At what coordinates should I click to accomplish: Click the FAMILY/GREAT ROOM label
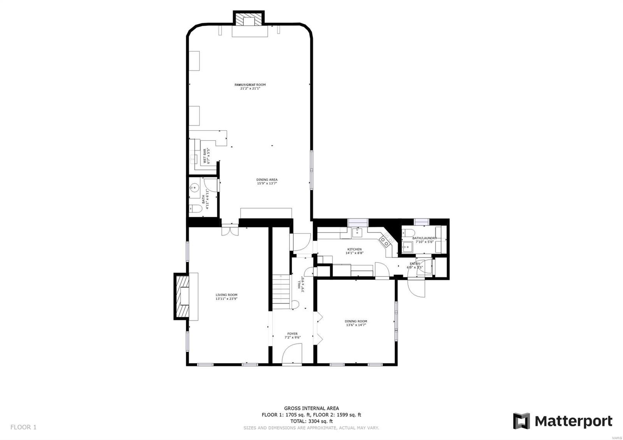(x=250, y=84)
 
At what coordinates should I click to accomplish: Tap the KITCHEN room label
(x=354, y=249)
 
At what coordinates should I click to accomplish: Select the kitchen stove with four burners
(x=385, y=241)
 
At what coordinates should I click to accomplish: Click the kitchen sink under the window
(x=357, y=232)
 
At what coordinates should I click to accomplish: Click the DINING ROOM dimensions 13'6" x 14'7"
(x=356, y=325)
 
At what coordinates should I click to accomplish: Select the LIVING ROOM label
(x=226, y=295)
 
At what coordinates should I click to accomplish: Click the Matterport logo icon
(x=521, y=421)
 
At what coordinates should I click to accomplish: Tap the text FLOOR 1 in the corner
(x=23, y=427)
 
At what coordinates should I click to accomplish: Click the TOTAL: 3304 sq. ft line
(x=311, y=421)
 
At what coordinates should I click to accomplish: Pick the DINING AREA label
(x=267, y=180)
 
